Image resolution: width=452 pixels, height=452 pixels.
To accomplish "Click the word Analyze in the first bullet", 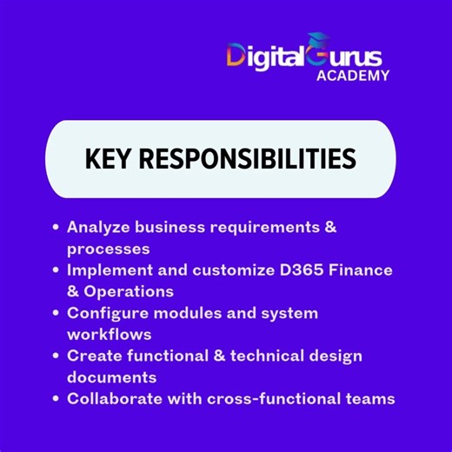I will pos(100,227).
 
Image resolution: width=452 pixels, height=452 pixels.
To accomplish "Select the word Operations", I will pos(130,291).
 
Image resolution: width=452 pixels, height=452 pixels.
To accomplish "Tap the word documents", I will pos(111,377).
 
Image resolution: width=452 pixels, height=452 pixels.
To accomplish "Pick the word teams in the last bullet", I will pos(369,399).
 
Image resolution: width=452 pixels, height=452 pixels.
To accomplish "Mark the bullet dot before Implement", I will pos(56,270).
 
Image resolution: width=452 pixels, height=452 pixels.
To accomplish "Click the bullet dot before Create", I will pos(56,356).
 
